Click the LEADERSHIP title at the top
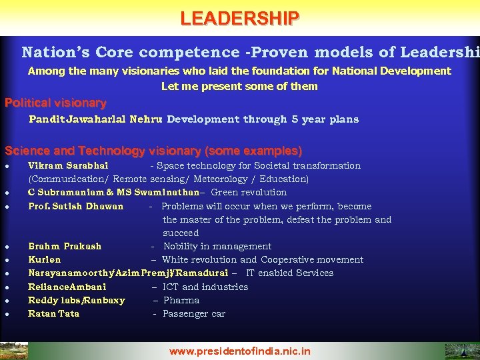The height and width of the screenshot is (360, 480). tap(239, 18)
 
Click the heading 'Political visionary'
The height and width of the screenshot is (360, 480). tap(55, 103)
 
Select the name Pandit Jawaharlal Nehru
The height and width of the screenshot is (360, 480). tap(96, 119)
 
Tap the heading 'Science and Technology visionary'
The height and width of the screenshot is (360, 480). tap(153, 151)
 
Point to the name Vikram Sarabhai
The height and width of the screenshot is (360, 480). tap(68, 165)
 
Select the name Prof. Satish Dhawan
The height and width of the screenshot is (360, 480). tap(75, 206)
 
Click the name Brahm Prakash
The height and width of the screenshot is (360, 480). tap(65, 246)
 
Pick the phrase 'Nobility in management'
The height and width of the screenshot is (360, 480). tap(217, 246)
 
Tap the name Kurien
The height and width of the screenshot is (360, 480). tap(44, 259)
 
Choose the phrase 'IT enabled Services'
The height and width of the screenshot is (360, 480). tap(289, 273)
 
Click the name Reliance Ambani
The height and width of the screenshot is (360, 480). tap(67, 287)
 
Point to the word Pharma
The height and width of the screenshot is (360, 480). tap(181, 300)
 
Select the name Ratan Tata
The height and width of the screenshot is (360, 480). tap(53, 313)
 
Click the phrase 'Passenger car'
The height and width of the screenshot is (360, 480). tap(194, 313)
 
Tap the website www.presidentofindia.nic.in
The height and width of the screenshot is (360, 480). tap(239, 351)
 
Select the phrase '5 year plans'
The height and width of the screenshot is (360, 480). tap(325, 119)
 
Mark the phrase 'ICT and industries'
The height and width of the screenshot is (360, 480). tap(205, 287)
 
